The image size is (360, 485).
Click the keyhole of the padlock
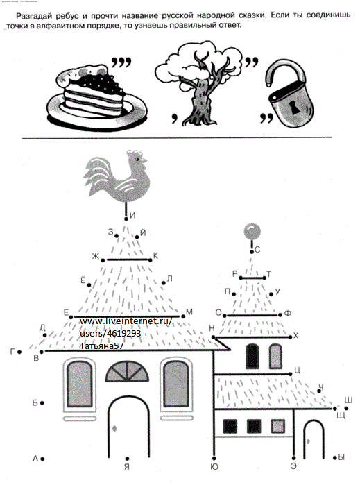coord(293,107)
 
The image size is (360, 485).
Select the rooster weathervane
coord(117,176)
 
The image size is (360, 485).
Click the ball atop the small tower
coord(252,231)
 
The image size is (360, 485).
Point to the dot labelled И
coord(126,219)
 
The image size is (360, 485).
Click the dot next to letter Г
coord(19,352)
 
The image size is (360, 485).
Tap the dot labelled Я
coord(128,459)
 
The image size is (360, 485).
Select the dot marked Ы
coord(334,458)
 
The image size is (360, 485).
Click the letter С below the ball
coord(257,250)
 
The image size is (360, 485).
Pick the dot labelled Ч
coord(319,391)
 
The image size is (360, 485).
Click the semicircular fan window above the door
coord(127,371)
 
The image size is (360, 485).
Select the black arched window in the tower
coord(252,357)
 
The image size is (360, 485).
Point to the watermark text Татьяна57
coord(101,346)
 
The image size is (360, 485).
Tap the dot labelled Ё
coord(89,285)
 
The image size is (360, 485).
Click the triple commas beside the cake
coord(121,62)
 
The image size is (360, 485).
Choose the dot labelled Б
coord(42,403)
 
